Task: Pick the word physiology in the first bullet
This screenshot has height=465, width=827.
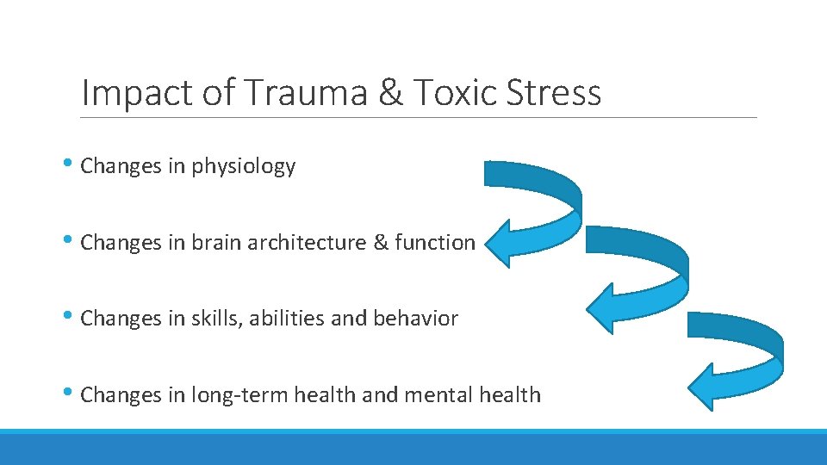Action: pos(244,167)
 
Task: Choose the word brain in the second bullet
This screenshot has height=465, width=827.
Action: pos(216,243)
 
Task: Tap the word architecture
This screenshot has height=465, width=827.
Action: pos(307,243)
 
